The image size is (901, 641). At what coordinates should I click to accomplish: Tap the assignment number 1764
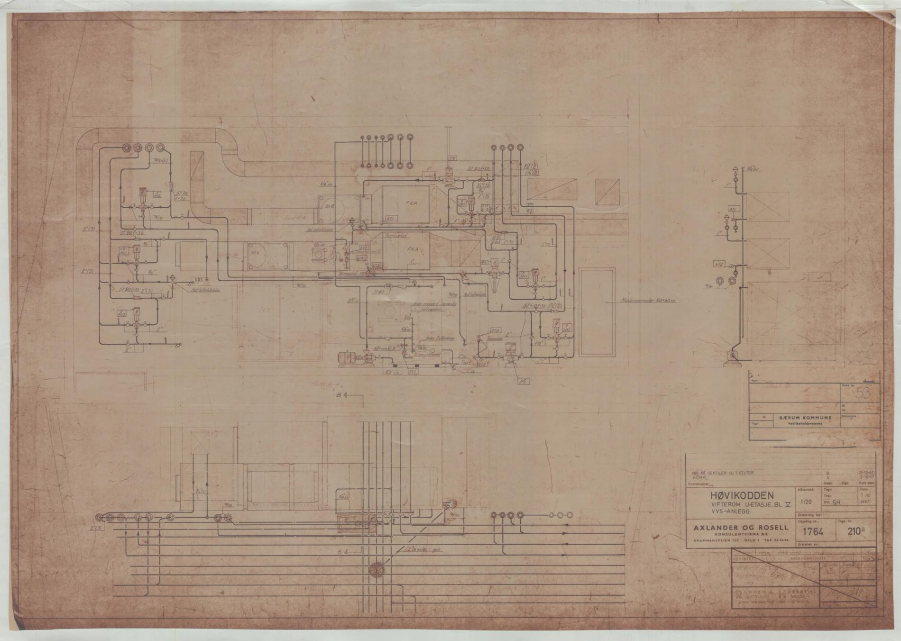click(x=816, y=532)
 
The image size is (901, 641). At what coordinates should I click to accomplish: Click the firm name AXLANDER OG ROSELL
click(x=741, y=527)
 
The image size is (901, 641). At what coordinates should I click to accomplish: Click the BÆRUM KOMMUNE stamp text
click(x=805, y=418)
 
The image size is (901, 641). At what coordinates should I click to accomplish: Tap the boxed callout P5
click(x=523, y=381)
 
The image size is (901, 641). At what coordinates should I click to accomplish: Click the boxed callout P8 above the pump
click(x=452, y=158)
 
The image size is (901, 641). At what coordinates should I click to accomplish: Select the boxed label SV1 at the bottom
click(x=413, y=372)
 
